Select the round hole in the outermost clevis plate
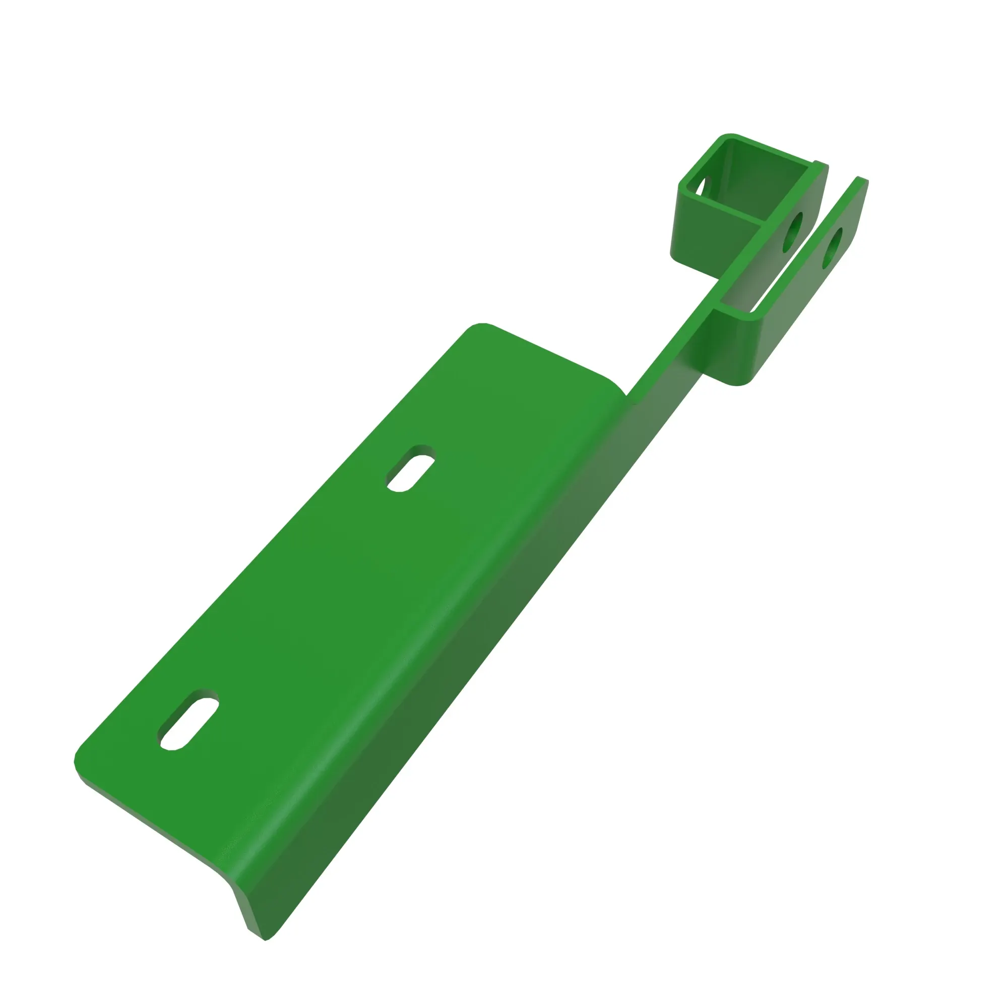(x=833, y=247)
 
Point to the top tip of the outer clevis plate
(x=861, y=180)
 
